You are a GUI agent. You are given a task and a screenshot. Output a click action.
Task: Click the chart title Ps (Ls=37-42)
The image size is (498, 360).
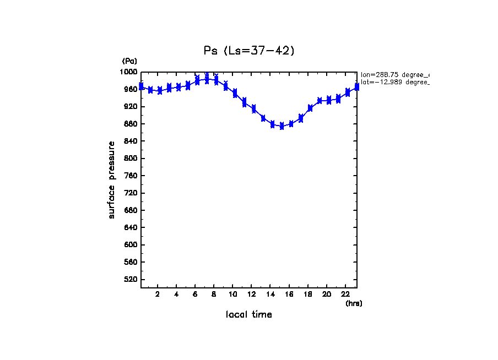click(250, 51)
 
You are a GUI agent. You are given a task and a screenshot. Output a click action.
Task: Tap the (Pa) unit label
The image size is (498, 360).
click(129, 61)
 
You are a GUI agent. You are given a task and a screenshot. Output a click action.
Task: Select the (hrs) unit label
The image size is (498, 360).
click(354, 303)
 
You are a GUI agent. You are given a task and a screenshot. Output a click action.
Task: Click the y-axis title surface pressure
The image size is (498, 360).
click(112, 180)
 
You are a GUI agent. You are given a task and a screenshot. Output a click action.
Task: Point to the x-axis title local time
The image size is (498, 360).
click(249, 315)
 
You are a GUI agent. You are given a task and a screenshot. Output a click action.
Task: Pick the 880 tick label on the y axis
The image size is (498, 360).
click(131, 124)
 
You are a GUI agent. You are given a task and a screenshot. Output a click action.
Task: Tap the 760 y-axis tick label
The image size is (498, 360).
click(131, 176)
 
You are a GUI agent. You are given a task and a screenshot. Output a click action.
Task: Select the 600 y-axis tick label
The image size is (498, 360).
click(131, 245)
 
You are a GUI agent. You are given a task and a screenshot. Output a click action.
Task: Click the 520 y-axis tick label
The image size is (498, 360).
click(131, 280)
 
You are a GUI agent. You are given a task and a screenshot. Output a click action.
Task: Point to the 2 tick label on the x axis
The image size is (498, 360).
click(158, 294)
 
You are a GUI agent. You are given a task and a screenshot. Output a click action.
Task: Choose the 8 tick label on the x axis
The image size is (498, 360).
click(214, 294)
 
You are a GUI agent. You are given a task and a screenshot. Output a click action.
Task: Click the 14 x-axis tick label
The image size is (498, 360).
click(270, 294)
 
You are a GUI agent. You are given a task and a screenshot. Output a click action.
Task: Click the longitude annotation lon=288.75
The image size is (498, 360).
click(394, 74)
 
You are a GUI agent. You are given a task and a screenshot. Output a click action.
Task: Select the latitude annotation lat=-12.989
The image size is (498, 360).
click(394, 82)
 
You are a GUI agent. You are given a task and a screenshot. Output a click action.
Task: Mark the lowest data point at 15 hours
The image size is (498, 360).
click(282, 126)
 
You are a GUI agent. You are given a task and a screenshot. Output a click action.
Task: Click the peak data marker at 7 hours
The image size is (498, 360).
click(207, 79)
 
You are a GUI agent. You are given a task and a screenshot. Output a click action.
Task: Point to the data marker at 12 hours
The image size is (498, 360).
click(253, 109)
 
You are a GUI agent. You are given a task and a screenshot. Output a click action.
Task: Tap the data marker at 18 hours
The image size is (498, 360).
click(310, 108)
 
